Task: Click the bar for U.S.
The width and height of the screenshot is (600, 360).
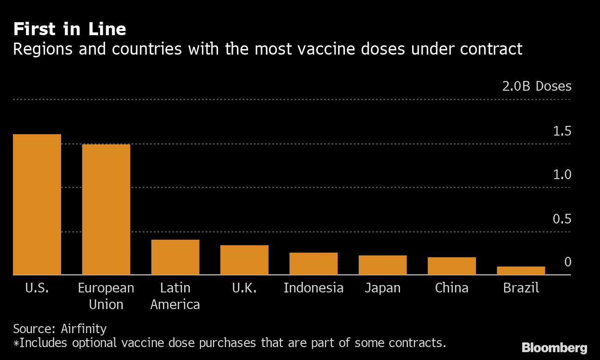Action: click(x=37, y=205)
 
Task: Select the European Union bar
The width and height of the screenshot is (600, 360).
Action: click(x=106, y=210)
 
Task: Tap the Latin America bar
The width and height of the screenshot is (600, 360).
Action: click(x=175, y=257)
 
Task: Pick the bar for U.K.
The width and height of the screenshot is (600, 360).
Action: click(x=244, y=260)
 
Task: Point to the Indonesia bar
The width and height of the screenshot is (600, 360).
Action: click(x=313, y=264)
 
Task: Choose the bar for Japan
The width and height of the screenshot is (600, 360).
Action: click(x=382, y=265)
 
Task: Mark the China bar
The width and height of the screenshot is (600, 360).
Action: click(x=451, y=266)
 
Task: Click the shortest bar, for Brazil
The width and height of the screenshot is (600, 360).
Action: click(x=521, y=271)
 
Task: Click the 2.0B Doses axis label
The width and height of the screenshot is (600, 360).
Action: click(x=537, y=87)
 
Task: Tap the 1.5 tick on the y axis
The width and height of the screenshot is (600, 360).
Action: click(x=562, y=131)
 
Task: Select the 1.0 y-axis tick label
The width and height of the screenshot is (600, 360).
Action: click(x=562, y=175)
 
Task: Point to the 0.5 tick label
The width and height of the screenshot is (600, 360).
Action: click(x=562, y=219)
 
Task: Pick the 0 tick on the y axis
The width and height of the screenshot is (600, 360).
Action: click(x=568, y=262)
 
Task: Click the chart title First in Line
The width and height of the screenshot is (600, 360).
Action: click(x=69, y=30)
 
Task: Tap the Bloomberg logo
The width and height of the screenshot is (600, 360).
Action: click(x=554, y=348)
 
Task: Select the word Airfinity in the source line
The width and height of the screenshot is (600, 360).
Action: click(x=83, y=329)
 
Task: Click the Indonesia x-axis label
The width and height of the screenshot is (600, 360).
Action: click(x=313, y=288)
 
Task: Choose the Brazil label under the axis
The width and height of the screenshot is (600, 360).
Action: click(x=521, y=288)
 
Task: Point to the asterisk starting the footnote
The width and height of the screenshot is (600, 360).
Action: click(x=16, y=343)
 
